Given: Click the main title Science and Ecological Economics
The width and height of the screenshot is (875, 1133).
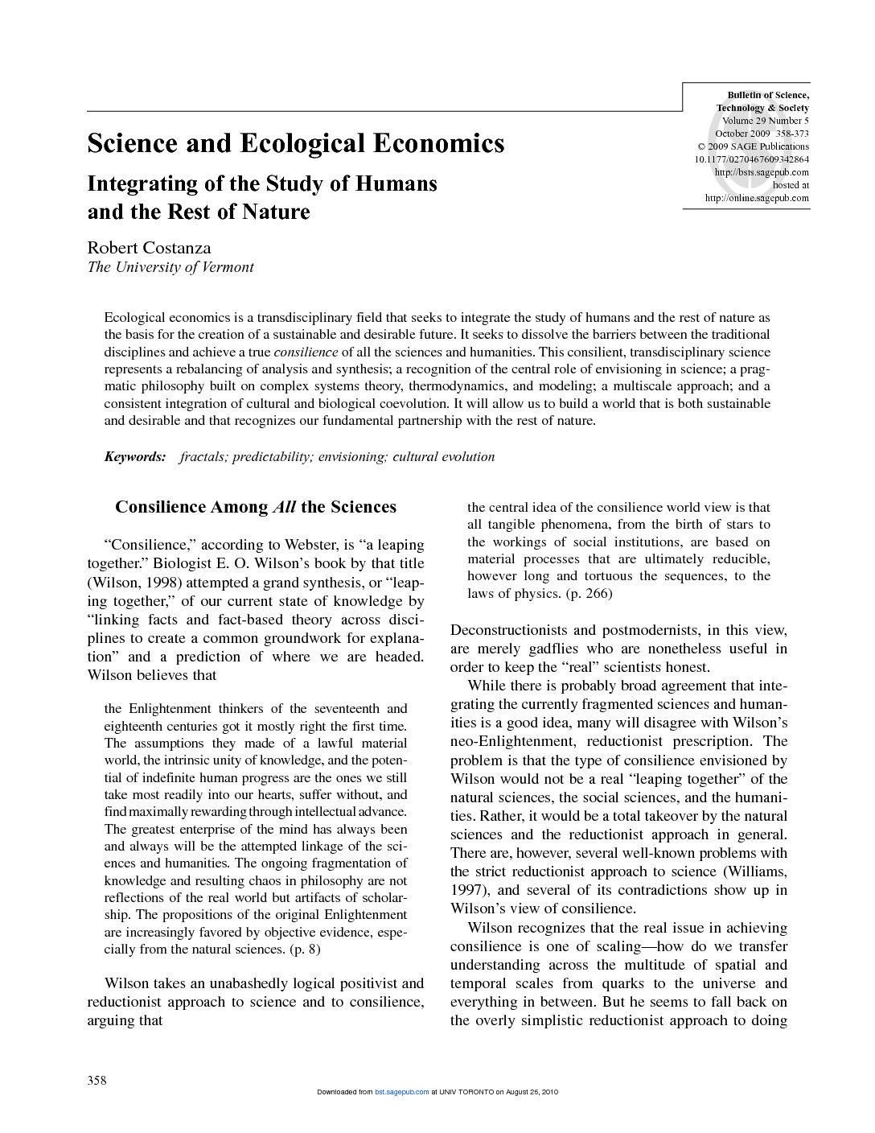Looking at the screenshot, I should (x=295, y=143).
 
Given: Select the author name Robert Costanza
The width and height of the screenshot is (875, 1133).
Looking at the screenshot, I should (x=149, y=248).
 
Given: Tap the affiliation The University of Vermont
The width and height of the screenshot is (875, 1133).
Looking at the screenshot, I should (x=170, y=267).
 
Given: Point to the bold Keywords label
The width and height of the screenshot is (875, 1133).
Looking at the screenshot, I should (x=135, y=457).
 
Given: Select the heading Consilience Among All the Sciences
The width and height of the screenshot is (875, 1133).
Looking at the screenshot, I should (x=256, y=507).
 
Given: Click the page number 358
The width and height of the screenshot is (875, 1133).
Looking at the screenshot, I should (x=97, y=1080).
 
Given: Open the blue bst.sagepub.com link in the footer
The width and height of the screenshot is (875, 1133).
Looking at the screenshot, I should (x=401, y=1092).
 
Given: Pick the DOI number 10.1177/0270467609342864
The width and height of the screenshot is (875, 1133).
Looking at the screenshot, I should (x=751, y=159).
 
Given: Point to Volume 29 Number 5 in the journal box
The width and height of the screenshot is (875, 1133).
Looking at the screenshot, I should (x=765, y=121).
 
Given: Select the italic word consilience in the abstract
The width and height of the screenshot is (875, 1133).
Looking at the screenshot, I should (x=306, y=352).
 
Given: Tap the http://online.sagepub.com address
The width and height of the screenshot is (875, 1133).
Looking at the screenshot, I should (x=757, y=198).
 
